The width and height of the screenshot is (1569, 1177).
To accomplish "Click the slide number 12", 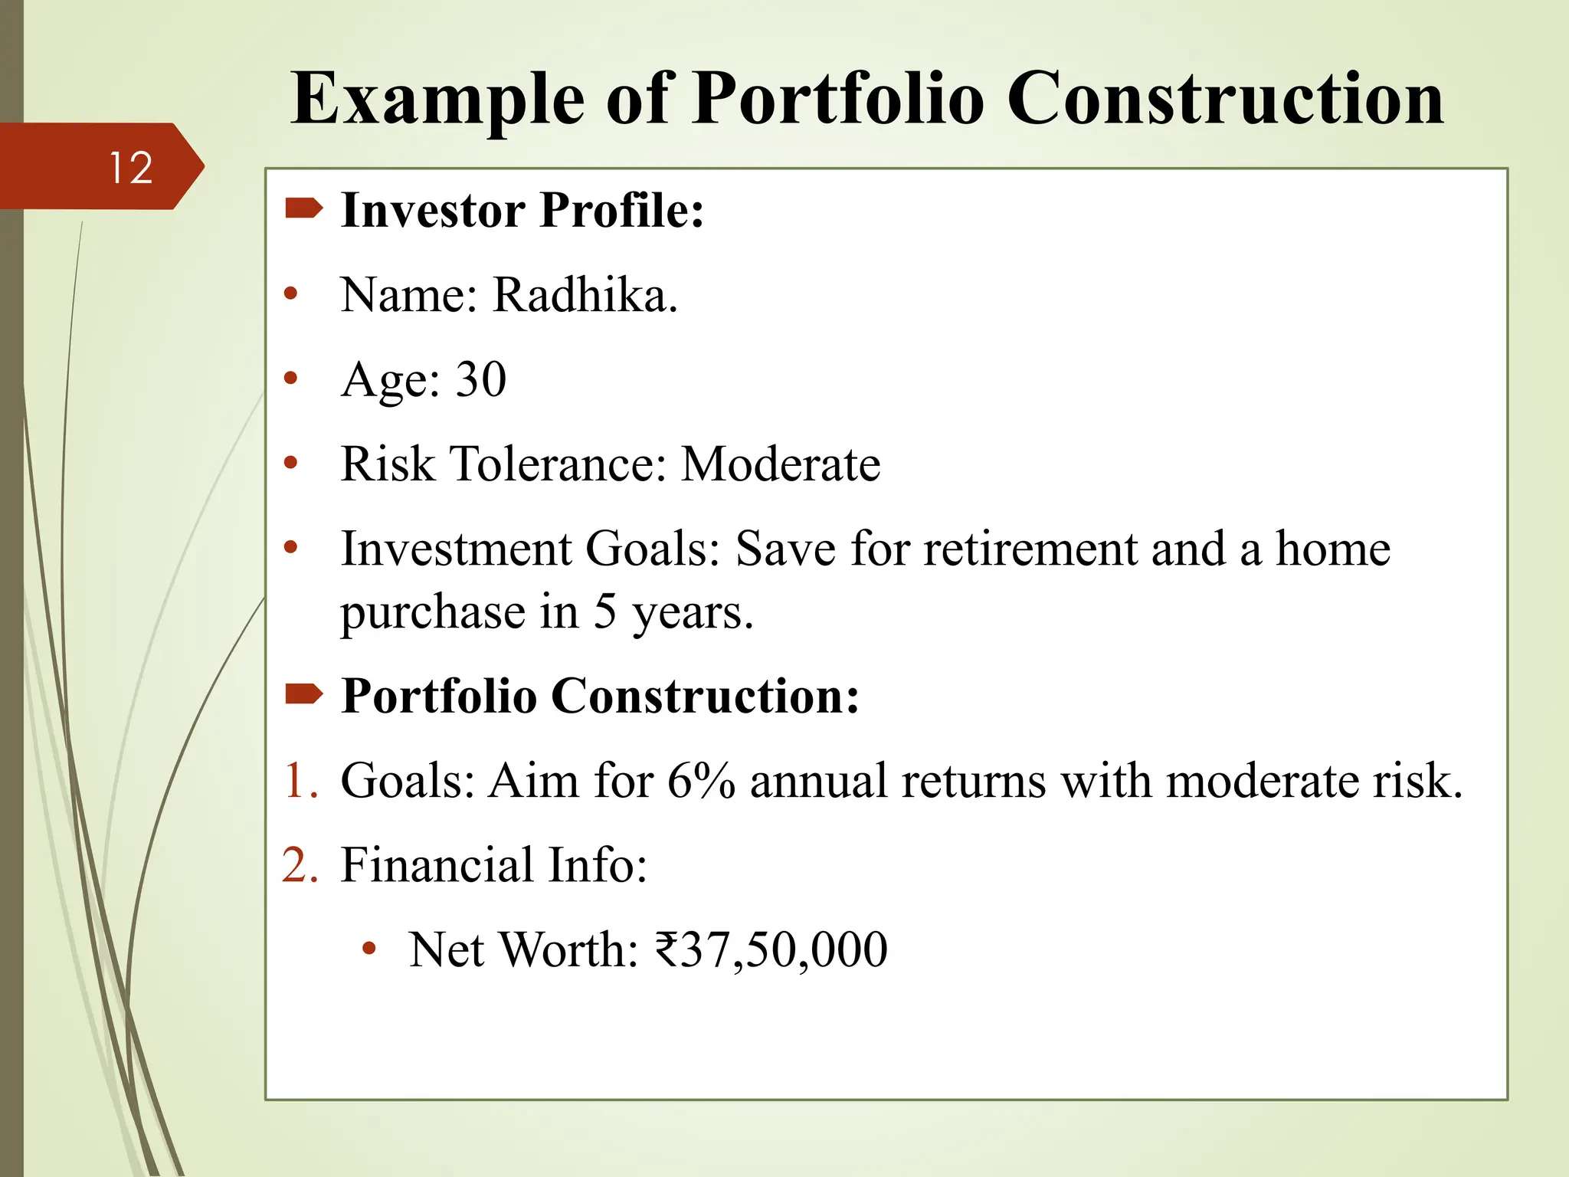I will point(131,168).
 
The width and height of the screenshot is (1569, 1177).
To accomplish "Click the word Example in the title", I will point(437,100).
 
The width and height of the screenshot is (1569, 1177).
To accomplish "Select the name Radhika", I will point(585,295).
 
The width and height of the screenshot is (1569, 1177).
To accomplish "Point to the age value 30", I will point(481,379).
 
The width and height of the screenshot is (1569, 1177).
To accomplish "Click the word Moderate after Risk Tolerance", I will point(781,464).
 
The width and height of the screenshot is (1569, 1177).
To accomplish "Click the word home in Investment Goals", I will point(1332,549).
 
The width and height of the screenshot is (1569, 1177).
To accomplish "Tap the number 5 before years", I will point(605,613).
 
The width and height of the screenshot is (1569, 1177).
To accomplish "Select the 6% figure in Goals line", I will point(701,782).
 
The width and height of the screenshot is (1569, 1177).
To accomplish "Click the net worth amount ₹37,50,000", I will point(771,950).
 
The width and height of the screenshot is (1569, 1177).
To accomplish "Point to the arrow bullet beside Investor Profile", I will point(303,208).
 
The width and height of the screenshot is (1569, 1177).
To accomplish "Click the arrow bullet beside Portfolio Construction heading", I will point(303,694).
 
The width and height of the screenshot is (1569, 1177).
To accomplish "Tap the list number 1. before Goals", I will point(300,782).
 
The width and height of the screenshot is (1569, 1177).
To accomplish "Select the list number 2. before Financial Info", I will point(300,866).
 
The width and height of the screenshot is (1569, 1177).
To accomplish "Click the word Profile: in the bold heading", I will point(621,210).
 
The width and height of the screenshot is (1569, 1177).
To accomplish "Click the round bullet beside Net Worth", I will point(369,950).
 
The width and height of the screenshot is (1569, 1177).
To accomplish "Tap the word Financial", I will point(436,866).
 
